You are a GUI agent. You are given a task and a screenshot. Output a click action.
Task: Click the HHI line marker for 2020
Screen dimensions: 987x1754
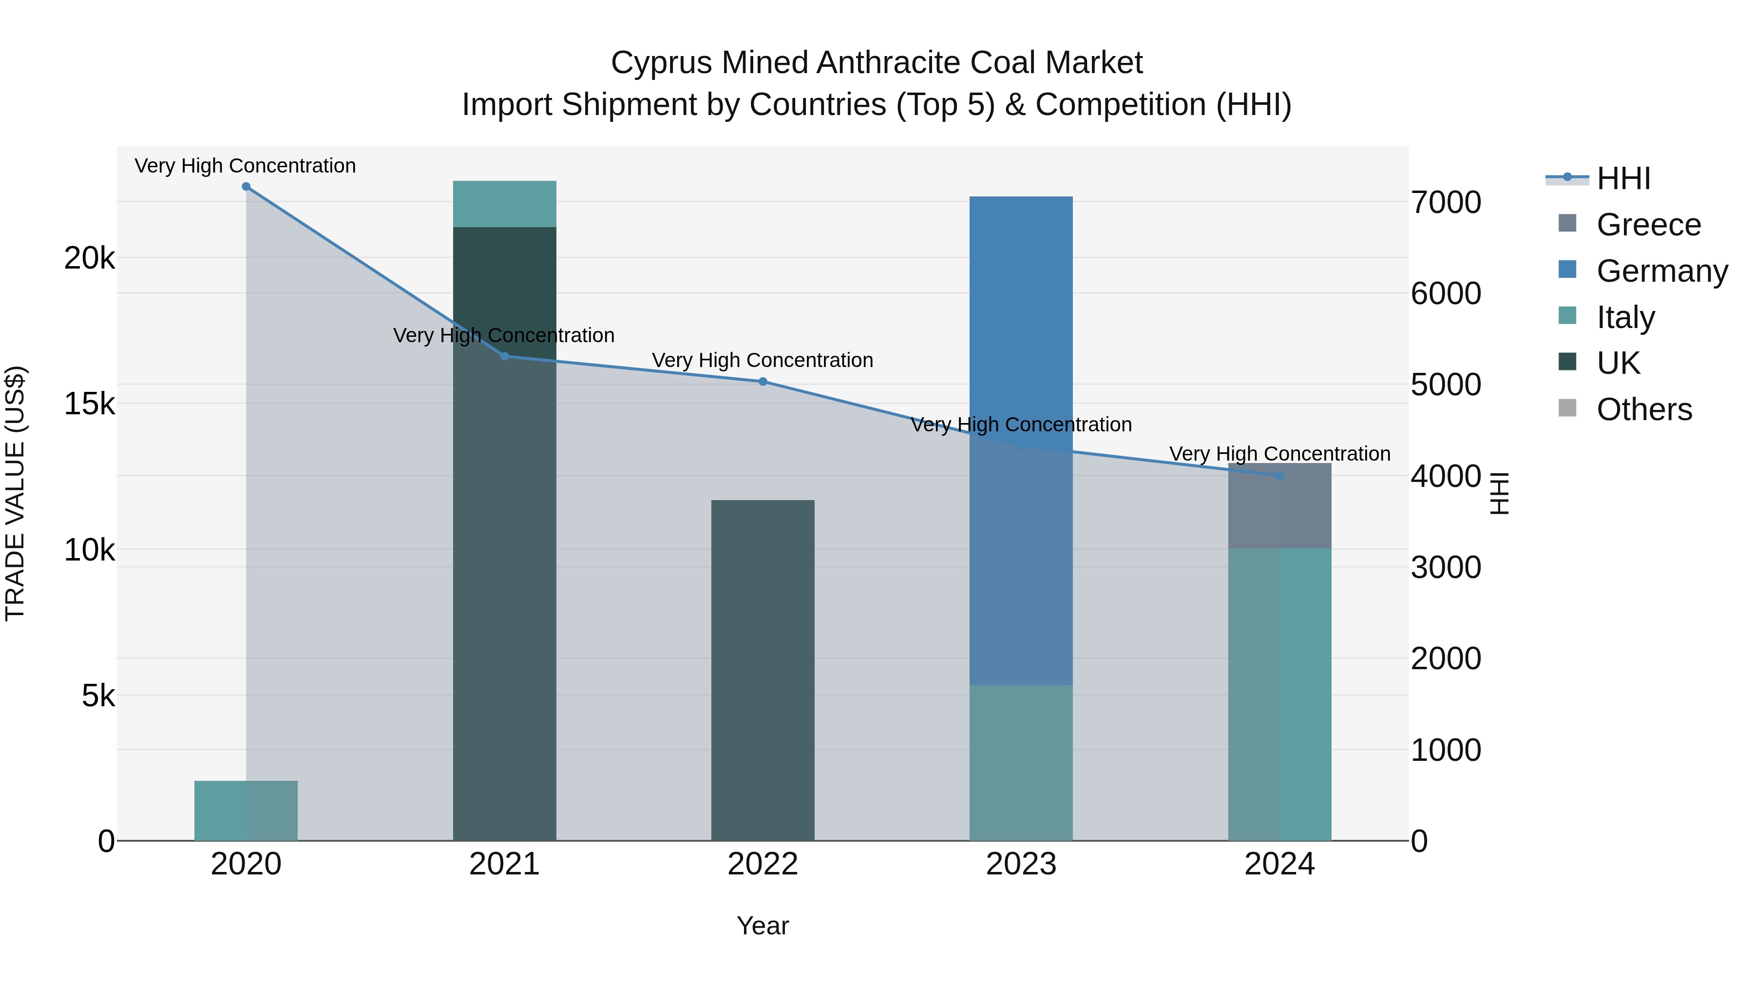246,187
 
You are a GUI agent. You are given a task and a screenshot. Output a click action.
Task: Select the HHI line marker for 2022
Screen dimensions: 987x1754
763,382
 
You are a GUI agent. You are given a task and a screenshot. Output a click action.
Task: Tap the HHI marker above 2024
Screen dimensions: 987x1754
1279,475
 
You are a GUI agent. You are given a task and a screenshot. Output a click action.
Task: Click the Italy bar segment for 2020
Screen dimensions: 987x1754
246,811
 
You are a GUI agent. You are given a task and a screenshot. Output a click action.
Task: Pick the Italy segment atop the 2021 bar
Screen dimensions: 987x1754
505,204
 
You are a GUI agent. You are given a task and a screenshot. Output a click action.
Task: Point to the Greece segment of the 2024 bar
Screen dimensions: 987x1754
1279,506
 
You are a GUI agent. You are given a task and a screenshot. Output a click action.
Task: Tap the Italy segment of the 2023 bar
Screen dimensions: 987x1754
1021,763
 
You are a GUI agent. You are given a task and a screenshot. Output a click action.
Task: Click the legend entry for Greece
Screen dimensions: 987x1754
1648,225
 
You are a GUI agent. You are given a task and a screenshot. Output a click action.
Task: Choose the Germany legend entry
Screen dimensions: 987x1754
1661,271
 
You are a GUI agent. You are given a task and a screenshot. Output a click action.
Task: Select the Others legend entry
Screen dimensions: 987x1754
1644,409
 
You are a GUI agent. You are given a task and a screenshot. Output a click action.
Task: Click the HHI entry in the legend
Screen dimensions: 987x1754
1623,178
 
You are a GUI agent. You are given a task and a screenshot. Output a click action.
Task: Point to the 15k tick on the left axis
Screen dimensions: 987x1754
89,404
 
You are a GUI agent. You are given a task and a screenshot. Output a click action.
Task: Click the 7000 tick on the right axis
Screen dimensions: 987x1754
1446,202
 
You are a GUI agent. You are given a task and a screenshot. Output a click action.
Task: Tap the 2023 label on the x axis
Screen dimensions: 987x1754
1021,864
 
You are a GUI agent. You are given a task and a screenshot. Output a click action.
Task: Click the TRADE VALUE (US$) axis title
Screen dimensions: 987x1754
15,493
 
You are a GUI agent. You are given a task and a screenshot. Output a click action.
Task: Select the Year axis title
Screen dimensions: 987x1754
763,926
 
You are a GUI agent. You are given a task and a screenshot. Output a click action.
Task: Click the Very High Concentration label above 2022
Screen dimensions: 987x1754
763,360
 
